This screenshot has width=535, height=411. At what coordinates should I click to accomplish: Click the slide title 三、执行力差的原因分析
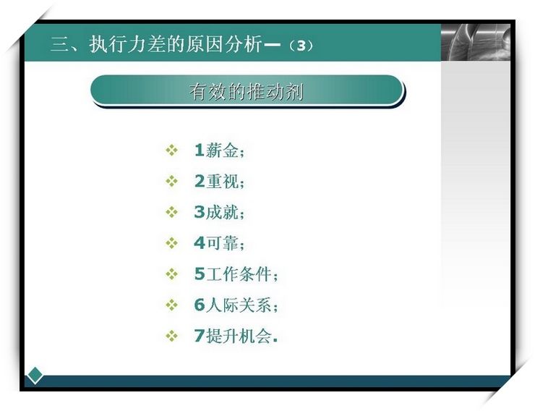(x=157, y=44)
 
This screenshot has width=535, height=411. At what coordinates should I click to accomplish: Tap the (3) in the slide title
(x=301, y=46)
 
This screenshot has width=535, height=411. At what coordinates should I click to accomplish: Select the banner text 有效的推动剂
(x=247, y=91)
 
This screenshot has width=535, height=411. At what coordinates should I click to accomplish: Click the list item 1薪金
(x=219, y=151)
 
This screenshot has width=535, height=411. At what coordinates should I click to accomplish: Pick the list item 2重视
(x=219, y=182)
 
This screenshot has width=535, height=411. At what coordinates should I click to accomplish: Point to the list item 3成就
(x=219, y=212)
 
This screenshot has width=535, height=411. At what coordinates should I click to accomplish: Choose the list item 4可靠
(x=219, y=243)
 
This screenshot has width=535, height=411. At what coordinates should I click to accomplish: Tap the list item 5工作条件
(x=236, y=274)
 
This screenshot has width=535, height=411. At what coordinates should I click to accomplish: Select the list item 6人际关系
(x=236, y=305)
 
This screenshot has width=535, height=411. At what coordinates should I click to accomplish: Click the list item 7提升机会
(x=236, y=336)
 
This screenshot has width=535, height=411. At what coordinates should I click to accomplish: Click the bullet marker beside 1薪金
(x=171, y=151)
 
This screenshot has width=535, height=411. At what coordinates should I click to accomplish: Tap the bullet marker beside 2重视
(x=171, y=182)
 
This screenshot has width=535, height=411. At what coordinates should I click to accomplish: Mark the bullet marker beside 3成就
(x=171, y=212)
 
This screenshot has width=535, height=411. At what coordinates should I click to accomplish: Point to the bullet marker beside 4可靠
(x=171, y=243)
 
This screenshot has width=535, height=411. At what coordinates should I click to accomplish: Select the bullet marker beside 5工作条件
(x=171, y=274)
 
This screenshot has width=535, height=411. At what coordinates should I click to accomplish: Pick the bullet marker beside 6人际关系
(x=171, y=305)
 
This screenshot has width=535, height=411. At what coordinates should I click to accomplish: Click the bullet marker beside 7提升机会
(x=171, y=336)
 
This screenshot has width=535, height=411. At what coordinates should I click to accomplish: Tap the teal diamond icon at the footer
(x=35, y=376)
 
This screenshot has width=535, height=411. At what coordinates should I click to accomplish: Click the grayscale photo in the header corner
(x=476, y=42)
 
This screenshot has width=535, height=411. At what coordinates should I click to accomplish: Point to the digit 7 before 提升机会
(x=200, y=336)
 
